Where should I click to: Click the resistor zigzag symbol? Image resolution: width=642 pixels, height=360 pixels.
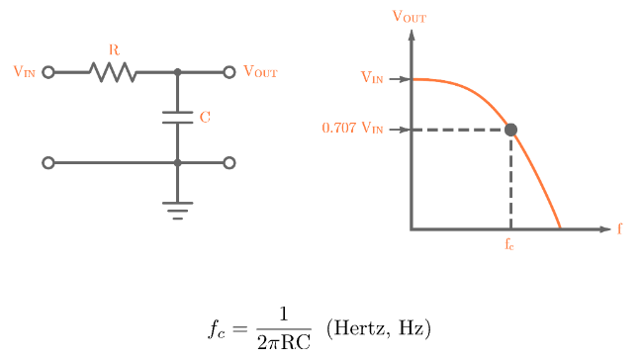pyautogui.click(x=113, y=72)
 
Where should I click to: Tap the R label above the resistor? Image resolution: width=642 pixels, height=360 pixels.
pyautogui.click(x=114, y=49)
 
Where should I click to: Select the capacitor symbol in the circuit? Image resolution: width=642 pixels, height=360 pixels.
pyautogui.click(x=178, y=118)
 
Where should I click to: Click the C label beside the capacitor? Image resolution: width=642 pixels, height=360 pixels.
pyautogui.click(x=205, y=118)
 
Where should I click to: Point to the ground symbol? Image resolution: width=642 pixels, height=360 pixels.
pyautogui.click(x=178, y=210)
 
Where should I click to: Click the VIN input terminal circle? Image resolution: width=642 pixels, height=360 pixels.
pyautogui.click(x=48, y=72)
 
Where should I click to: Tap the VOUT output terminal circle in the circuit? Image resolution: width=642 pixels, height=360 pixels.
pyautogui.click(x=229, y=72)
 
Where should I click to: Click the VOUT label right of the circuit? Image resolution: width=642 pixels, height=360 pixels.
pyautogui.click(x=260, y=72)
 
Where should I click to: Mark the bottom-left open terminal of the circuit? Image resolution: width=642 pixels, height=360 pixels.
pyautogui.click(x=48, y=163)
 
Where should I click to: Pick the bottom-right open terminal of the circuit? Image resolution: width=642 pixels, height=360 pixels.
pyautogui.click(x=229, y=163)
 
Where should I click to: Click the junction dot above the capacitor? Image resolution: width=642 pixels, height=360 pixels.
pyautogui.click(x=178, y=72)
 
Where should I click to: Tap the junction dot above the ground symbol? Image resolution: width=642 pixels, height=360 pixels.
pyautogui.click(x=178, y=163)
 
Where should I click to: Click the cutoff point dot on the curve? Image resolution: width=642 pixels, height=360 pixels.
pyautogui.click(x=510, y=130)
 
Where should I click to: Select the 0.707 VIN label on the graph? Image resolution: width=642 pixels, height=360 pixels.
pyautogui.click(x=353, y=129)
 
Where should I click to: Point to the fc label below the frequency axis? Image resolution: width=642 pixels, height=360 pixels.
pyautogui.click(x=509, y=244)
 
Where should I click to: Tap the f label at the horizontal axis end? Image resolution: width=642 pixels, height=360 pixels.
pyautogui.click(x=620, y=229)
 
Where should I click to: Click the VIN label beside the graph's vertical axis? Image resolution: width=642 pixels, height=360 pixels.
pyautogui.click(x=373, y=78)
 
